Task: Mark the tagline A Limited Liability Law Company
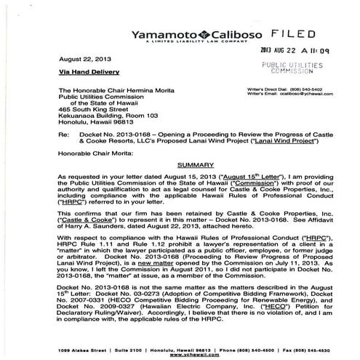coord(187,42)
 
